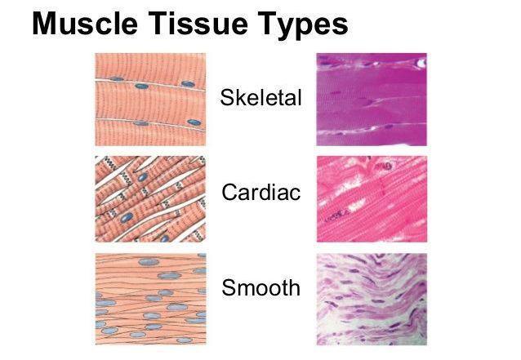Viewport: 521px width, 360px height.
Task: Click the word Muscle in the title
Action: pyautogui.click(x=85, y=24)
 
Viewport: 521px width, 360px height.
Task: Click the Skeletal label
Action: pyautogui.click(x=260, y=98)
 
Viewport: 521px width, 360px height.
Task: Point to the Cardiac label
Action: pyautogui.click(x=261, y=193)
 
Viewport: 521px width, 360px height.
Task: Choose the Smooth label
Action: pyautogui.click(x=261, y=287)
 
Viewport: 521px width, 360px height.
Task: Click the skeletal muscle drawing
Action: pyautogui.click(x=150, y=100)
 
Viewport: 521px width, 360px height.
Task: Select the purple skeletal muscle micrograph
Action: pyautogui.click(x=372, y=100)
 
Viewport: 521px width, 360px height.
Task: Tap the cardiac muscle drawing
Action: pyautogui.click(x=150, y=199)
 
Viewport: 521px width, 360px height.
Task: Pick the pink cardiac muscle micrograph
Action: pyautogui.click(x=372, y=199)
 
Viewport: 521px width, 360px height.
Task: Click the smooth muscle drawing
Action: pyautogui.click(x=150, y=299)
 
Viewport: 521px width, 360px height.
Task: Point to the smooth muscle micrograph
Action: pyautogui.click(x=372, y=300)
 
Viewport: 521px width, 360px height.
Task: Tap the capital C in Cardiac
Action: pyautogui.click(x=229, y=193)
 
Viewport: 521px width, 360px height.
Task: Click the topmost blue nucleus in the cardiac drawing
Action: pyautogui.click(x=143, y=177)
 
